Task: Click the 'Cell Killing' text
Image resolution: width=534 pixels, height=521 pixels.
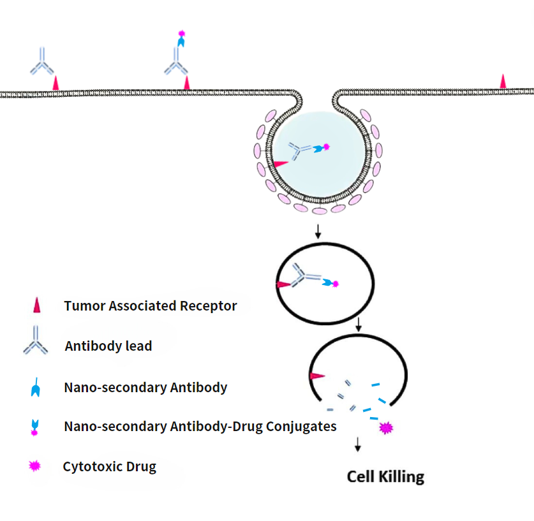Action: (x=385, y=476)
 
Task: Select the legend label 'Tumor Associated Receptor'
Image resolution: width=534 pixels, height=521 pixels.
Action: (x=150, y=306)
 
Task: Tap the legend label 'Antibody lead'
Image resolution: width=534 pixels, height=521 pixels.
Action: (x=108, y=346)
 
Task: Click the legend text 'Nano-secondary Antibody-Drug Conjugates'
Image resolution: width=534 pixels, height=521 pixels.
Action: (x=200, y=426)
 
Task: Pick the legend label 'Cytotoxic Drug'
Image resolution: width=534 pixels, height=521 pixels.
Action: (x=109, y=467)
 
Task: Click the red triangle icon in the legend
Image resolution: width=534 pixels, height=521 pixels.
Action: (x=36, y=306)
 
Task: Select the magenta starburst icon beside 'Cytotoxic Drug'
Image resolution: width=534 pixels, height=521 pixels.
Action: (x=35, y=467)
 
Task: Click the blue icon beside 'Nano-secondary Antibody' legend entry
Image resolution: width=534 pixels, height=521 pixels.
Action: (x=36, y=387)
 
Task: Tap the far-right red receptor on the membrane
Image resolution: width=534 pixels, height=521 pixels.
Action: (x=503, y=82)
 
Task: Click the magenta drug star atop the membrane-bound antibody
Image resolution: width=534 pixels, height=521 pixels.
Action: (x=182, y=33)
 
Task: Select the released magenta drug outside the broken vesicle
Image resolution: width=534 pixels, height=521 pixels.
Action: (x=385, y=428)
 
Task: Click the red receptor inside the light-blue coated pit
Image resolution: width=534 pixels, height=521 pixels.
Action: (x=280, y=163)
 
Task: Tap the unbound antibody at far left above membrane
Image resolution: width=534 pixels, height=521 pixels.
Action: (x=42, y=62)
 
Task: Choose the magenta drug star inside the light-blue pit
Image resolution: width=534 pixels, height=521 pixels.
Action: (x=327, y=147)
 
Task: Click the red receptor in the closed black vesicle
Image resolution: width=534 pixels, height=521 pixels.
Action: (x=281, y=286)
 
